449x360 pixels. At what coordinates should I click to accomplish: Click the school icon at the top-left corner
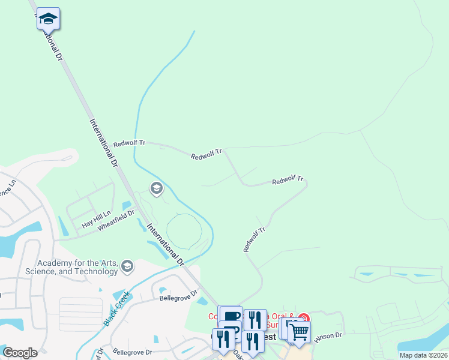(47, 19)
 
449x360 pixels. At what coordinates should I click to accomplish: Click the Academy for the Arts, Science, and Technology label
(77, 267)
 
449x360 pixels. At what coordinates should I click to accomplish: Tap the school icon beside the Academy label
(127, 265)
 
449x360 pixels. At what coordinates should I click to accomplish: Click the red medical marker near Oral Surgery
(304, 318)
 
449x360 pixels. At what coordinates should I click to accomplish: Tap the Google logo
(20, 353)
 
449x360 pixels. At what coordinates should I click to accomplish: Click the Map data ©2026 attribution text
(423, 355)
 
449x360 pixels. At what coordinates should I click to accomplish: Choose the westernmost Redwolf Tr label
(129, 143)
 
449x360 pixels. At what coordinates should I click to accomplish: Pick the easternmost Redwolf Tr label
(288, 180)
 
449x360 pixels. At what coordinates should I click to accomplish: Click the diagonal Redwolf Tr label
(254, 239)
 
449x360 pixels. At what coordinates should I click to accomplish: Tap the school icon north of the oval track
(156, 190)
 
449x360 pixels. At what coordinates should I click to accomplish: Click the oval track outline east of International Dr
(184, 231)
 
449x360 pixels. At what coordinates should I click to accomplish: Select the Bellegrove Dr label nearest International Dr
(178, 295)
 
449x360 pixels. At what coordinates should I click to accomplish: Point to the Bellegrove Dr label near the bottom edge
(132, 352)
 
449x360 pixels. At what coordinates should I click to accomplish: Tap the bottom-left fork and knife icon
(223, 338)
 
